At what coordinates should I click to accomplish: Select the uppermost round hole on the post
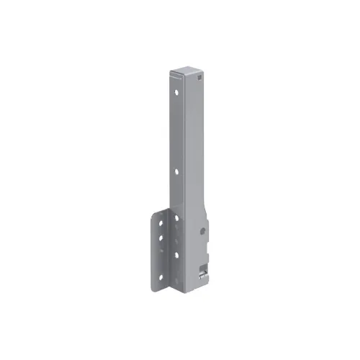(x=174, y=92)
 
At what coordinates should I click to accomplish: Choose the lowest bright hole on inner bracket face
(x=176, y=254)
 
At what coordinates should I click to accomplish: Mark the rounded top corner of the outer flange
(x=156, y=213)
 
